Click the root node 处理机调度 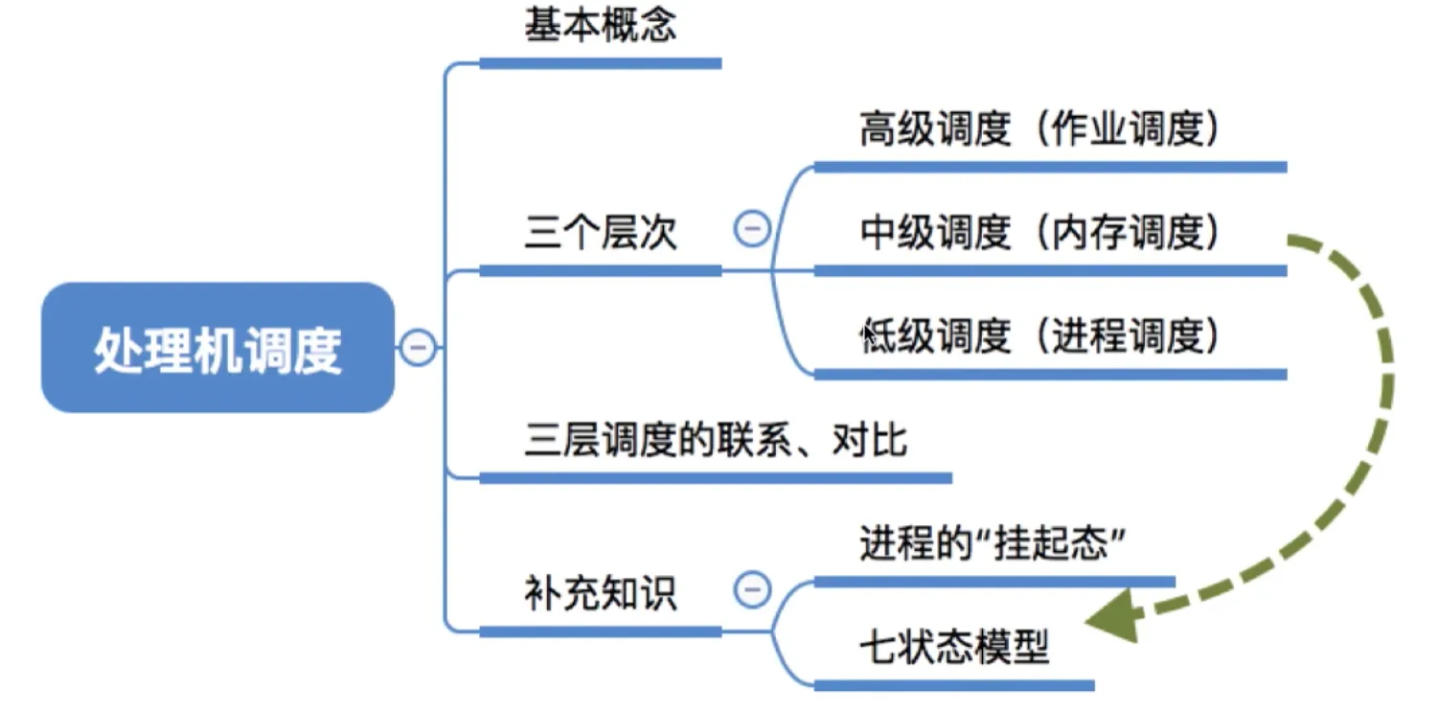click(x=217, y=348)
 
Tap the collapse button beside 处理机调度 click(x=417, y=347)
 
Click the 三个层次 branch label click(x=601, y=233)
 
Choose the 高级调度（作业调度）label click(x=1040, y=129)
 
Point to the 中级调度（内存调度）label click(x=1040, y=233)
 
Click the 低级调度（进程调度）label click(x=1040, y=336)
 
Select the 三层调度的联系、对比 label click(x=715, y=441)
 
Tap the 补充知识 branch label click(x=601, y=593)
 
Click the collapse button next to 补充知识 click(x=752, y=589)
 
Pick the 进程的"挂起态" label click(x=992, y=545)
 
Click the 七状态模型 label click(x=954, y=649)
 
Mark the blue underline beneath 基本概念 click(x=600, y=63)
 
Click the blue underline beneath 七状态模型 click(x=953, y=685)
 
